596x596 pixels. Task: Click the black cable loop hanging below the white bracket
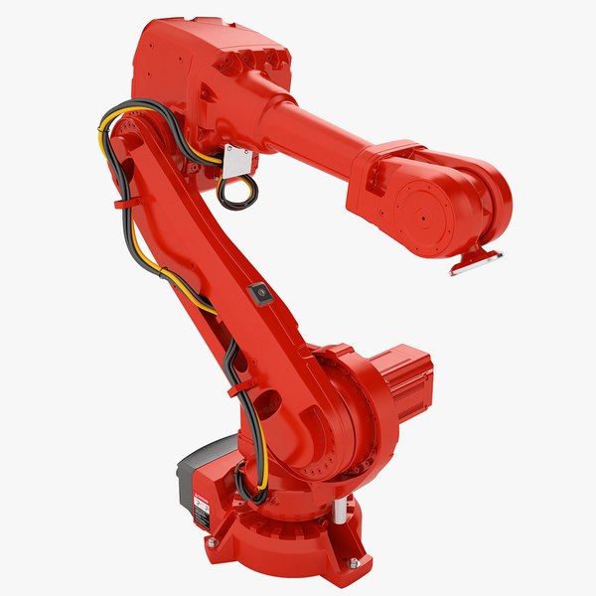point(235,194)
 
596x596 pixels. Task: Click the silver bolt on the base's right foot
point(354,563)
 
